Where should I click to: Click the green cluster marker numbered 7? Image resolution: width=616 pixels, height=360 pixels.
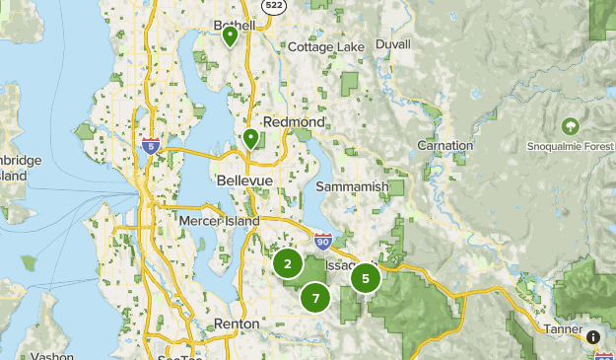(315, 297)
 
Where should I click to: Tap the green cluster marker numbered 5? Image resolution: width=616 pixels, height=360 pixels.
(366, 278)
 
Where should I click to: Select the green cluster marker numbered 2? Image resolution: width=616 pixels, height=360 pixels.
(288, 263)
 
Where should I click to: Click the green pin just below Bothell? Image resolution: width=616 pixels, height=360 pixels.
(230, 37)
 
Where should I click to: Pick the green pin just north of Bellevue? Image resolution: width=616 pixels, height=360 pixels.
(251, 139)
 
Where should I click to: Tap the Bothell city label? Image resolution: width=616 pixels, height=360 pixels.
(235, 25)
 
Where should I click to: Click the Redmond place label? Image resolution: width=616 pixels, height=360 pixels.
(294, 121)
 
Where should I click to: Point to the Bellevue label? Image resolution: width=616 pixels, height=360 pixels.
(243, 181)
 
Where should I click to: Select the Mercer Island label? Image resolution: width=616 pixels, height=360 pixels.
(218, 221)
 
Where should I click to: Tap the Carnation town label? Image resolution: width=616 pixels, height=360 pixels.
(445, 145)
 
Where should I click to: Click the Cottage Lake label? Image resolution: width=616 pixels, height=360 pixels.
(326, 46)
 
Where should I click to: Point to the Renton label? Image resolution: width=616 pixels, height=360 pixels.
(237, 324)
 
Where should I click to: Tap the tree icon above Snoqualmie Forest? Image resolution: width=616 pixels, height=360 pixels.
(570, 126)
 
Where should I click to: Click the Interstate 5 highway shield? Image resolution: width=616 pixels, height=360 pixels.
(150, 146)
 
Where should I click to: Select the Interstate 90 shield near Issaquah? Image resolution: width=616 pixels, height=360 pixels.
(322, 240)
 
